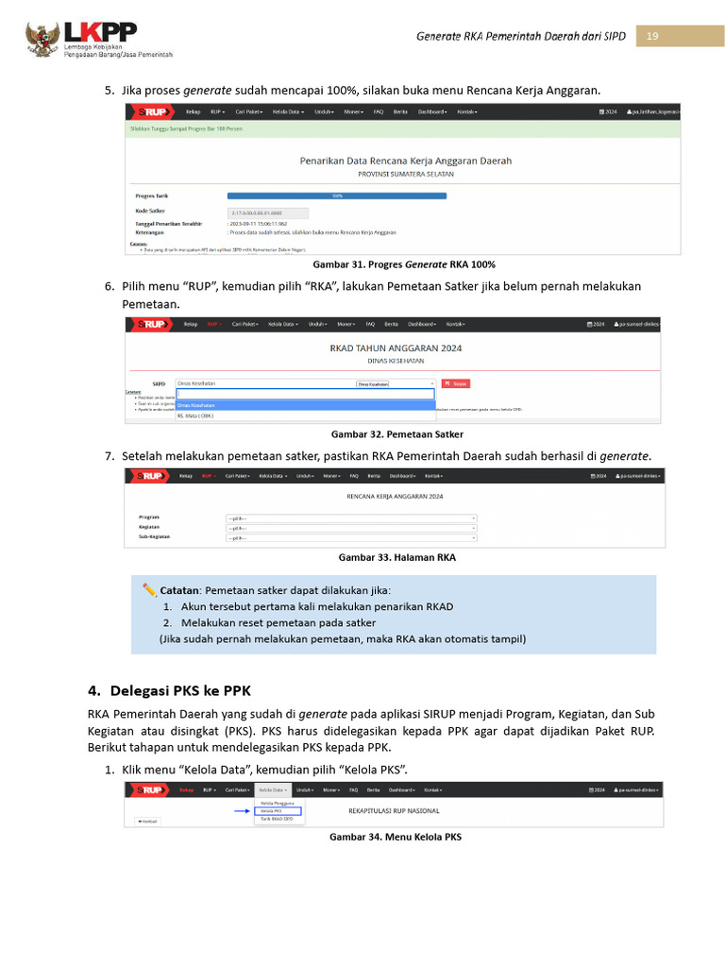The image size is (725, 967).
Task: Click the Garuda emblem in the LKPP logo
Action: (42, 39)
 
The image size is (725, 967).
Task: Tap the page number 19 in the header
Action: (652, 36)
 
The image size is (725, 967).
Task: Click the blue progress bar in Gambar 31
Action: (337, 196)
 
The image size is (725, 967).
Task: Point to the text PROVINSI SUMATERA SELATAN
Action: (405, 174)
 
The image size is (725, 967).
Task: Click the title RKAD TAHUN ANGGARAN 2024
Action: (396, 348)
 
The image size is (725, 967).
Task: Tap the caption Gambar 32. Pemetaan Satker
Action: (396, 434)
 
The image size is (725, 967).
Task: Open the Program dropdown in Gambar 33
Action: (351, 517)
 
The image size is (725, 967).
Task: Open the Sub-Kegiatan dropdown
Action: (351, 538)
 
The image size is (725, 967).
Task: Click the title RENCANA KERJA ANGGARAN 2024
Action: (395, 496)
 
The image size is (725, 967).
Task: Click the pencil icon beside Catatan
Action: (149, 589)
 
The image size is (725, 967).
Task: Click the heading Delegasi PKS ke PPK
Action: (181, 689)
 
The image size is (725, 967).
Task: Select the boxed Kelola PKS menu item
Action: (278, 810)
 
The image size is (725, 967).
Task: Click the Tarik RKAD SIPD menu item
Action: (277, 819)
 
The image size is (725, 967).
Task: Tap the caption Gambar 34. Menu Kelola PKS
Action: (395, 837)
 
